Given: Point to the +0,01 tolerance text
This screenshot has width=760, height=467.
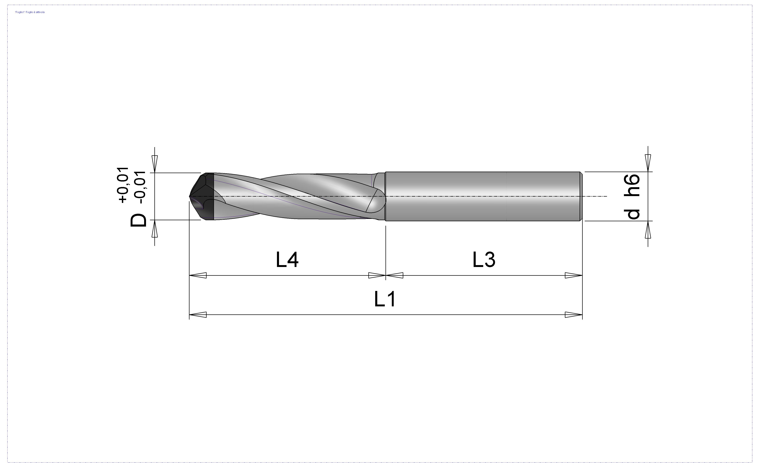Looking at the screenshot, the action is pos(123,185).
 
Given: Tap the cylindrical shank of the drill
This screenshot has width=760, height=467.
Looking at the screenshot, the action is pos(483,196).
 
